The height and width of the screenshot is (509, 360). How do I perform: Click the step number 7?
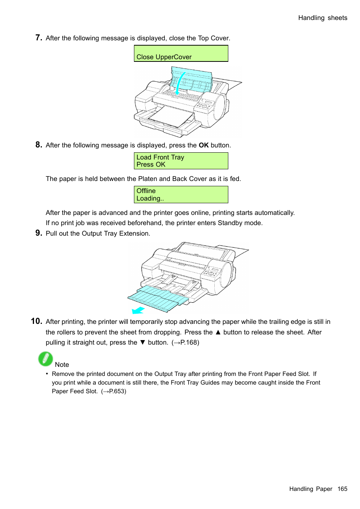pos(38,38)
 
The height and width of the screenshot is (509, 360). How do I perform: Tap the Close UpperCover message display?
pos(181,54)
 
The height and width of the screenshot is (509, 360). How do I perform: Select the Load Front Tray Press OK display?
pos(181,161)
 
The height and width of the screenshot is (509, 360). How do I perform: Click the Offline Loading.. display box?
pos(181,195)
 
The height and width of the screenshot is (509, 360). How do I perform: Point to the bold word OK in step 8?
pos(204,145)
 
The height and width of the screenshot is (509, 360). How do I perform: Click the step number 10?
pos(36,321)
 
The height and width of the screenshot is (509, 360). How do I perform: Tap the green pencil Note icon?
pos(45,359)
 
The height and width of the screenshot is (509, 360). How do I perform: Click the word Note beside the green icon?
pos(62,365)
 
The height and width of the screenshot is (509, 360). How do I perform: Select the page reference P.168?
pos(189,342)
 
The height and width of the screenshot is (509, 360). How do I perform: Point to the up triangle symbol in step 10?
pos(218,332)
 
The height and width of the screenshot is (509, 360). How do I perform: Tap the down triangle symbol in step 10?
pos(142,342)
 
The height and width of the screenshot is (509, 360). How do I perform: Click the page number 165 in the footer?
pos(342,489)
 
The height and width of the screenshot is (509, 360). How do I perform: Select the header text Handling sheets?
pos(323,18)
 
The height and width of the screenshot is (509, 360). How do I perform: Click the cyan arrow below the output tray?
pos(138,310)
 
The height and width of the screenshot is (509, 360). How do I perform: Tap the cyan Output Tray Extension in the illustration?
pos(158,298)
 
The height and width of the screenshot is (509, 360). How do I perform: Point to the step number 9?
pos(38,233)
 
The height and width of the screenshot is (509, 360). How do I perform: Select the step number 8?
pos(38,145)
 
